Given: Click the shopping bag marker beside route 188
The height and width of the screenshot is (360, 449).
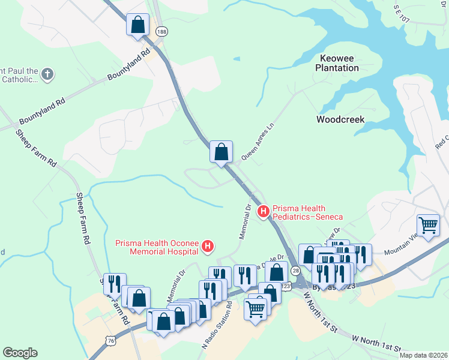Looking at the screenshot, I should pyautogui.click(x=138, y=26).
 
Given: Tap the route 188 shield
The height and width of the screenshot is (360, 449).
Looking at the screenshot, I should pyautogui.click(x=160, y=31).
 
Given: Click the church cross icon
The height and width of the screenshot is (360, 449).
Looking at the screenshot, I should pyautogui.click(x=47, y=74).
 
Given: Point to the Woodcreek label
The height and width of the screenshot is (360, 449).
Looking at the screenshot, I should pyautogui.click(x=340, y=119).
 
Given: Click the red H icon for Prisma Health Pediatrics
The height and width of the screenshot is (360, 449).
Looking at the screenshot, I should pyautogui.click(x=263, y=211).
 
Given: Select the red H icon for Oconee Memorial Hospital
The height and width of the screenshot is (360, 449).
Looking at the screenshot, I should pyautogui.click(x=208, y=245).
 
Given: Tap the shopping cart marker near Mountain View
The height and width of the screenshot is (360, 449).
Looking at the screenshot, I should pyautogui.click(x=429, y=226).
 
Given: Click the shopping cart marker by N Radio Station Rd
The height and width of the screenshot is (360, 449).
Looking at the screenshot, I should pyautogui.click(x=255, y=309).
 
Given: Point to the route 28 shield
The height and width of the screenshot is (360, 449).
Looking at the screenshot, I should pyautogui.click(x=295, y=272).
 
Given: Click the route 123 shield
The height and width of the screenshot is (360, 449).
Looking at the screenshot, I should pyautogui.click(x=286, y=287).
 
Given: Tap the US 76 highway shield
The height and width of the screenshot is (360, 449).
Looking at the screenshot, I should pyautogui.click(x=110, y=340).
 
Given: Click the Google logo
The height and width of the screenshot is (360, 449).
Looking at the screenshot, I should pyautogui.click(x=20, y=353).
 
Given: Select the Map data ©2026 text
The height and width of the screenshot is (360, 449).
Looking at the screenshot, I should pyautogui.click(x=423, y=355).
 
